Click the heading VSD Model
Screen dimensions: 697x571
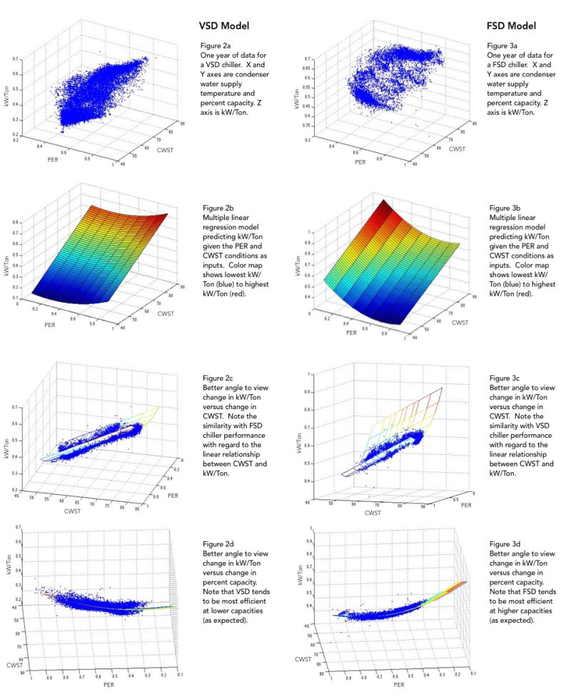[223, 26]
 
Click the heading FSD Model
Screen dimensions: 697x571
[508, 26]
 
